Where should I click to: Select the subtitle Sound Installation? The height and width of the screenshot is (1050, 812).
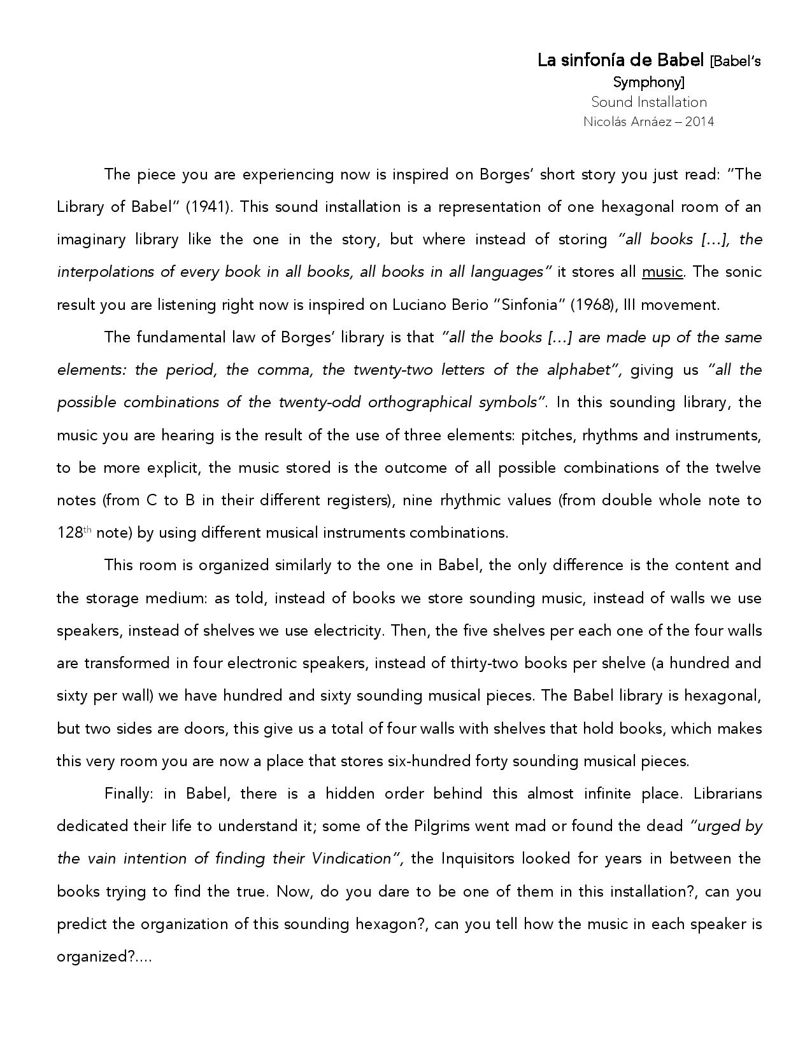(648, 102)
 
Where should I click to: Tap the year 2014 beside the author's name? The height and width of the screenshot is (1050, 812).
(699, 122)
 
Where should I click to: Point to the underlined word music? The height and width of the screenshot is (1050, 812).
(662, 272)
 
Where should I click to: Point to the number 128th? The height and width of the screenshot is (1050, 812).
(75, 533)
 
